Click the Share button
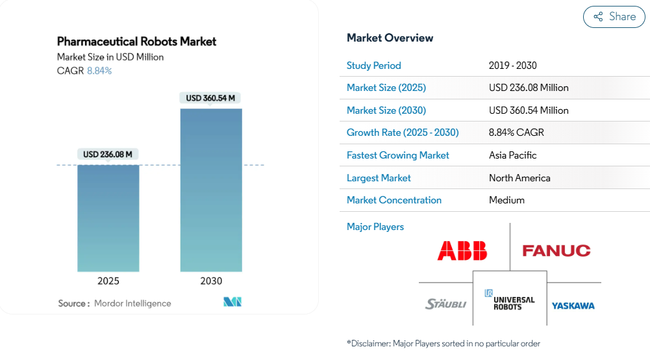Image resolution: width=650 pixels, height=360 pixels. pos(614,17)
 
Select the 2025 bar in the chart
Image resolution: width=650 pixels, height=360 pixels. pos(108,218)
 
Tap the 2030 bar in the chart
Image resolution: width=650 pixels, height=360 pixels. pos(211,190)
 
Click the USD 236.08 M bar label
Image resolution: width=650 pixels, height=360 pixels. pos(108,154)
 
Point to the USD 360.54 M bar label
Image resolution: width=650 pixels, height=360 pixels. pos(210,98)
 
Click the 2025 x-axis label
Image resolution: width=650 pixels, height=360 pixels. pos(108,281)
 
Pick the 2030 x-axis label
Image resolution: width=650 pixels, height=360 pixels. pos(211,281)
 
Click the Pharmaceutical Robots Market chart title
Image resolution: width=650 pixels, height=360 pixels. pos(136,42)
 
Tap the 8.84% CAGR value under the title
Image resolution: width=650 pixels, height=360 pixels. pos(99,71)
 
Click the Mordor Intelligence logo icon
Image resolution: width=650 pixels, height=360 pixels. pos(232,302)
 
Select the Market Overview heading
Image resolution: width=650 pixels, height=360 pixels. pos(390,38)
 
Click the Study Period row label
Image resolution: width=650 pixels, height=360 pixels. pos(373,66)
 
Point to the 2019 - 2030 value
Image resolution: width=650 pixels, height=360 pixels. pos(513,66)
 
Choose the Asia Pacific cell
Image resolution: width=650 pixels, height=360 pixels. pos(513,155)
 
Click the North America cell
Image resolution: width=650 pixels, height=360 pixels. pos(520,178)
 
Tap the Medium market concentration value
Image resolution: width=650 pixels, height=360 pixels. pos(506,200)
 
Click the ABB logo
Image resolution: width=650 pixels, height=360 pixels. pos(462,251)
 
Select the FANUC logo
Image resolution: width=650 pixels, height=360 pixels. pos(556,251)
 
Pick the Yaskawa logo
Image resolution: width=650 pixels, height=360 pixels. pos(573,305)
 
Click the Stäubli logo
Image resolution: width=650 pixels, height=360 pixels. pos(445,304)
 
